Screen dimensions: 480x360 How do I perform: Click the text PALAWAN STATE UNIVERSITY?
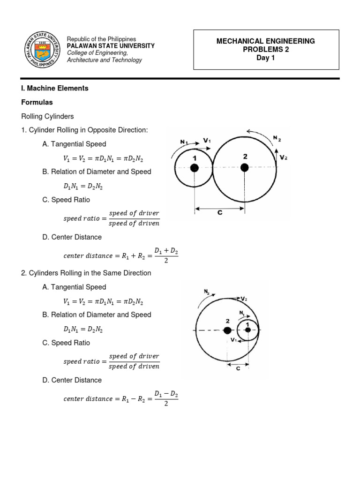[111, 46]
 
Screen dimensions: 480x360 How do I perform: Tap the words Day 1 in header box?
[265, 58]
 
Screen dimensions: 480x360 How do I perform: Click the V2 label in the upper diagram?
[283, 158]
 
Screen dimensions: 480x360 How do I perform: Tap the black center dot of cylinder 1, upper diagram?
[195, 168]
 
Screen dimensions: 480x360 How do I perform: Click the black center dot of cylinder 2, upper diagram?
[244, 168]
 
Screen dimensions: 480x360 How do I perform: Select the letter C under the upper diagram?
[219, 213]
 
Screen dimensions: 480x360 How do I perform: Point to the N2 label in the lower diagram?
[207, 292]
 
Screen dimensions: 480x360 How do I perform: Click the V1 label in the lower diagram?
[233, 340]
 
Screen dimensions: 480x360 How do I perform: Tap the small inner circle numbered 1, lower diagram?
[247, 330]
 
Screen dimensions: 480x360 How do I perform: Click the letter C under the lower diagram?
[238, 369]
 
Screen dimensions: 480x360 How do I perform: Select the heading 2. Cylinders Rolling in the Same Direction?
[86, 273]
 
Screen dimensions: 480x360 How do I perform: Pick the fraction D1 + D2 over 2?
[167, 256]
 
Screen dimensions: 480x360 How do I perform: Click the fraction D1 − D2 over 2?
[167, 399]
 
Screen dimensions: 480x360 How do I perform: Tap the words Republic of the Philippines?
[102, 39]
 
